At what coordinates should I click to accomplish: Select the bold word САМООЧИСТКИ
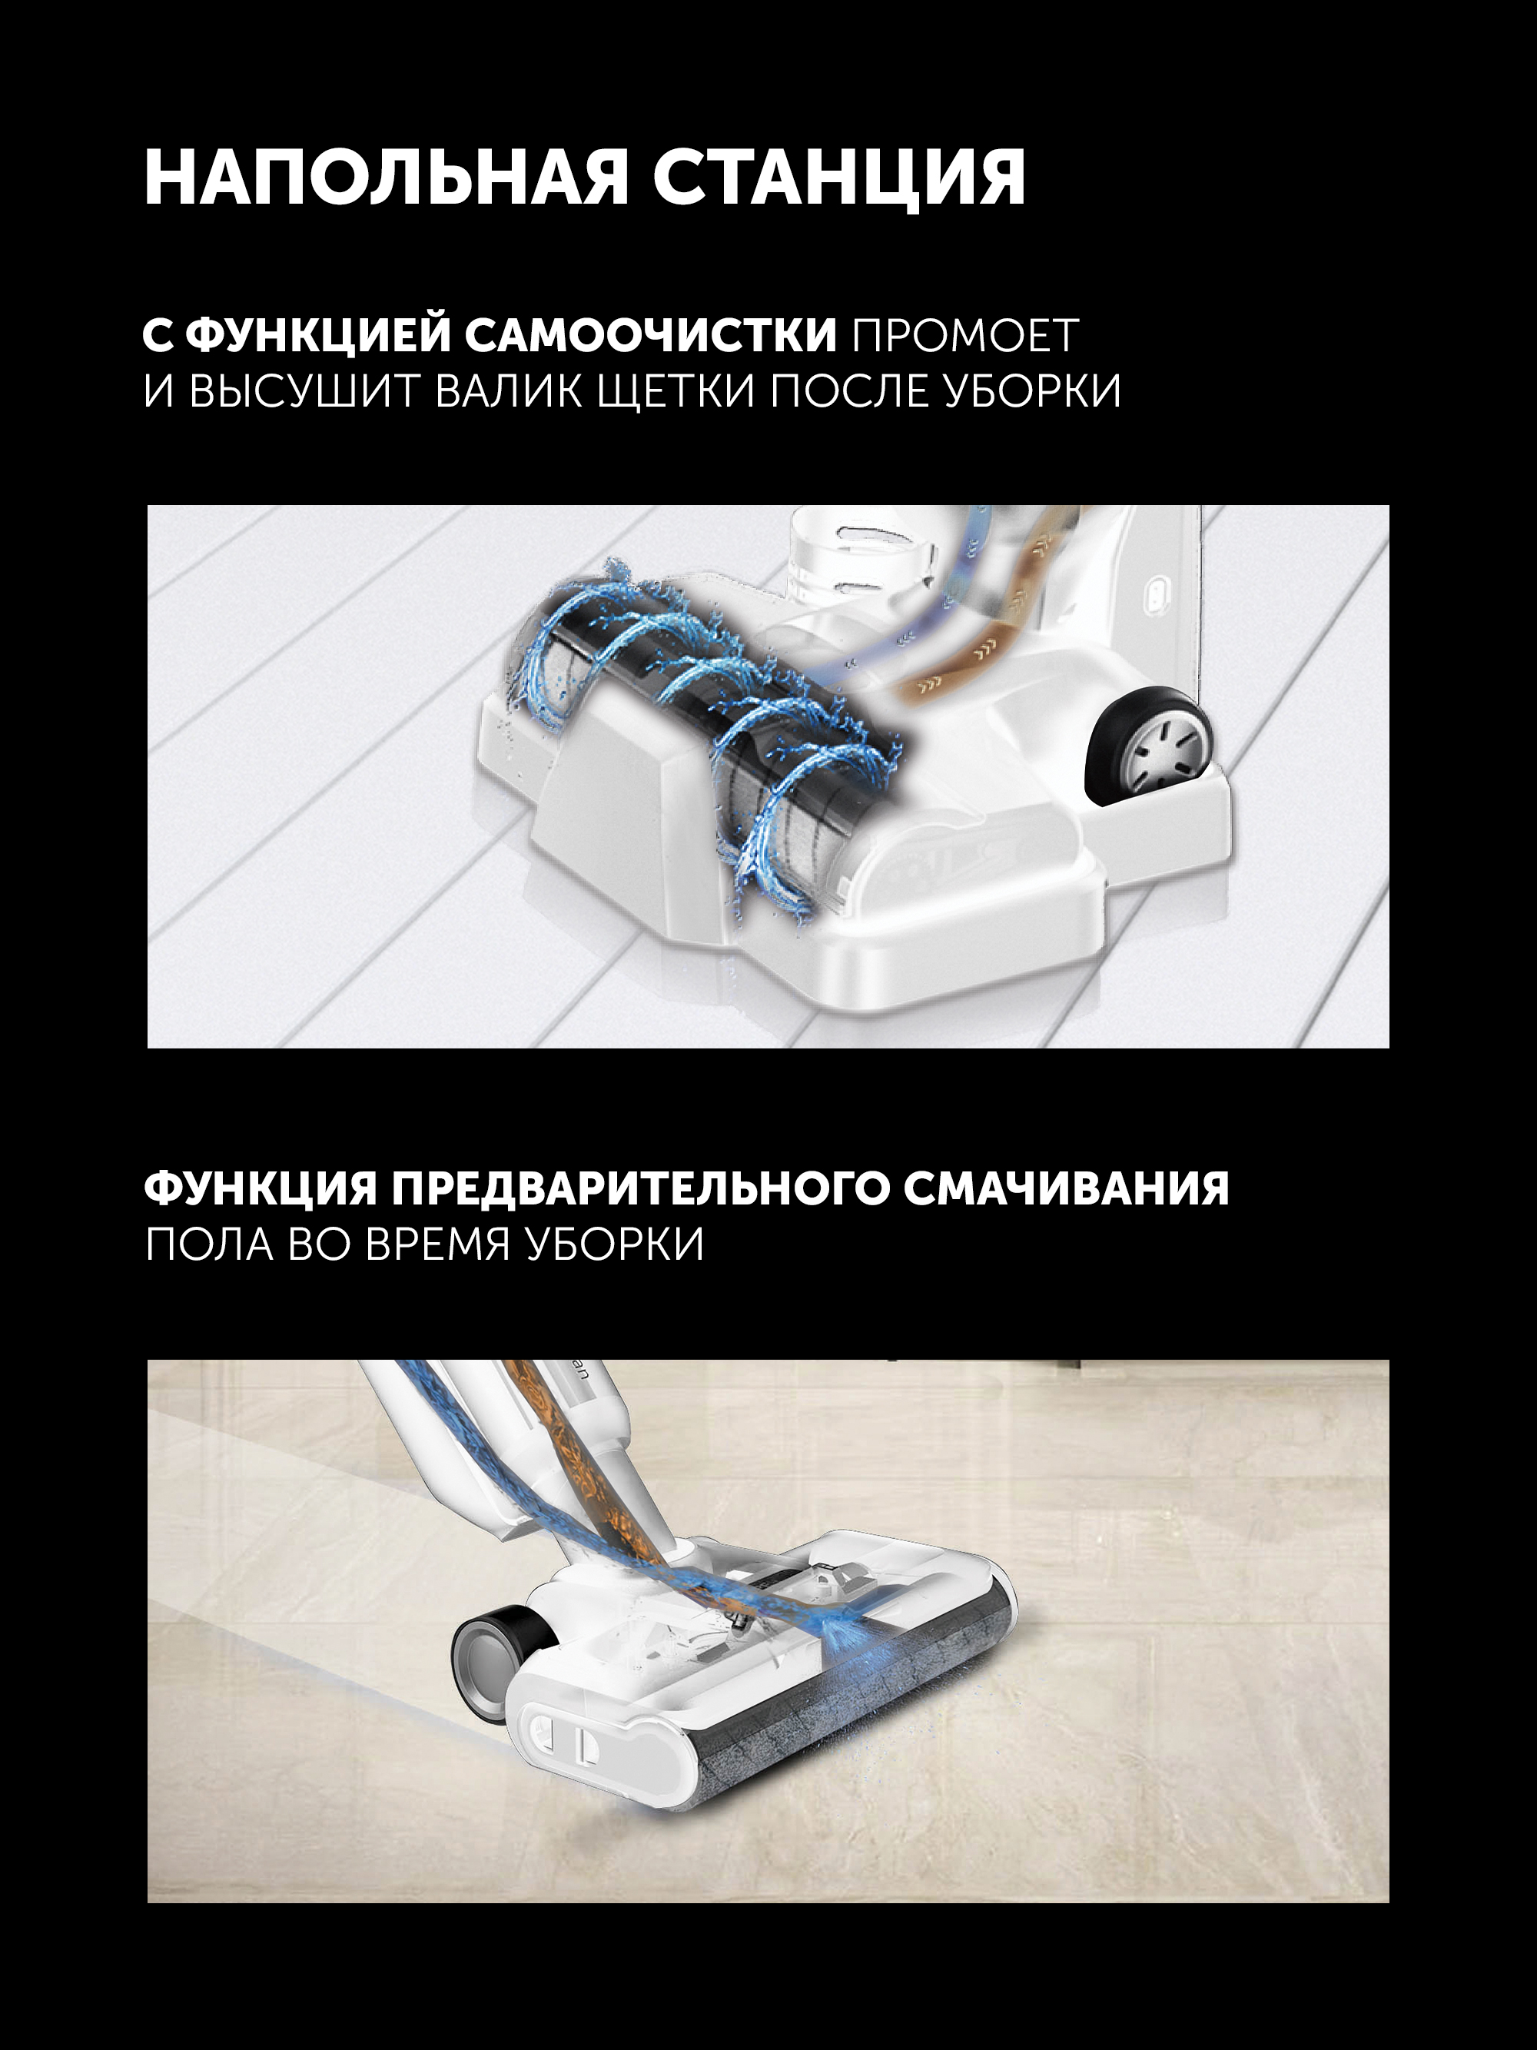click(651, 334)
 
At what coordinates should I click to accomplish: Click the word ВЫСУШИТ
click(306, 390)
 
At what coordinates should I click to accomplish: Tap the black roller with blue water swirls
click(704, 732)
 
